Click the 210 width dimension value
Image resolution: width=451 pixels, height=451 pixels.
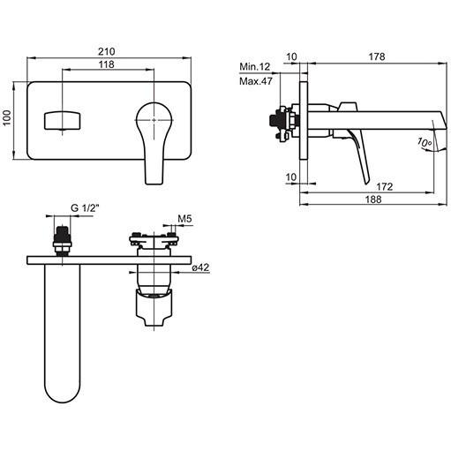point(106,51)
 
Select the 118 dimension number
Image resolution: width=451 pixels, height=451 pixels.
point(106,64)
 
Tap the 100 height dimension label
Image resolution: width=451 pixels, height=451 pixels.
point(7,117)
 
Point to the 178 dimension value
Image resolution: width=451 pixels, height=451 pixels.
point(377,56)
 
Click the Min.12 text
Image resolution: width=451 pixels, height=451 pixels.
point(254,67)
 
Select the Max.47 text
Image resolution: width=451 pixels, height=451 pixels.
point(256,81)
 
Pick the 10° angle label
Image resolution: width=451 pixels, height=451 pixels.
point(425,142)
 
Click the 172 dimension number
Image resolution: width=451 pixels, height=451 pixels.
point(385,186)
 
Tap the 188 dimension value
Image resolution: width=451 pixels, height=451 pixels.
point(373,199)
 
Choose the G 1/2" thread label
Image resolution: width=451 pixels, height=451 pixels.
point(85,208)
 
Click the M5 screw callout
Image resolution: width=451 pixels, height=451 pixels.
point(184,219)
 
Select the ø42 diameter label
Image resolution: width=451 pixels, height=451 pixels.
point(200,267)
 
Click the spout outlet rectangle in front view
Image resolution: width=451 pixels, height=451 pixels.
point(62,120)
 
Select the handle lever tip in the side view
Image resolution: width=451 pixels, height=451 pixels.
point(366,181)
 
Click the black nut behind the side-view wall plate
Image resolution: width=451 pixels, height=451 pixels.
point(276,120)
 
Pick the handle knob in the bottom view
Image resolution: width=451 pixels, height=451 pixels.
point(154,308)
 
